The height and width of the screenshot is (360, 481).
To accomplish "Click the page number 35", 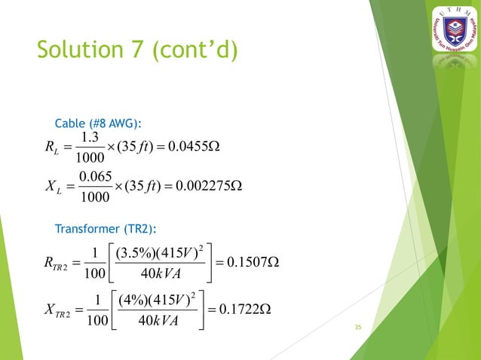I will (x=358, y=328).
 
